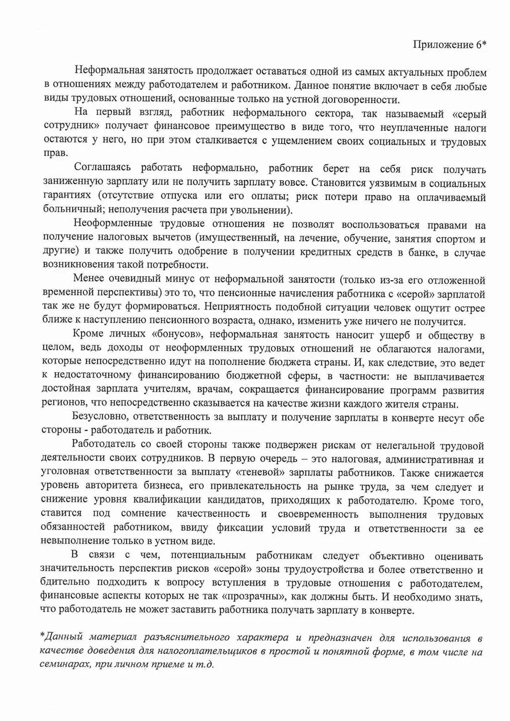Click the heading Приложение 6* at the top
(449, 45)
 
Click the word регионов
(61, 403)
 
